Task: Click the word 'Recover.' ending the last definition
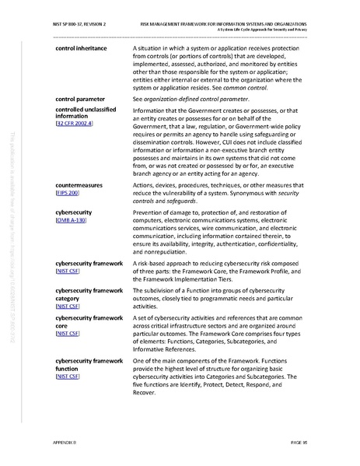click(x=148, y=392)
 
